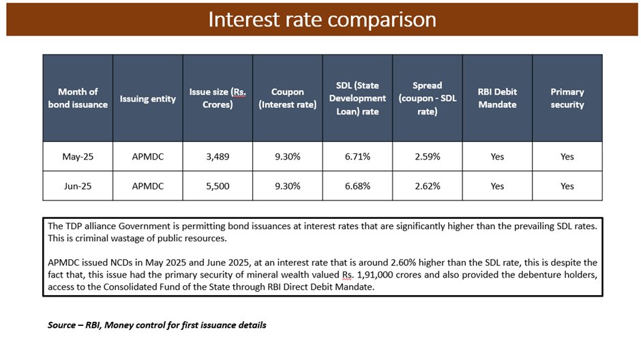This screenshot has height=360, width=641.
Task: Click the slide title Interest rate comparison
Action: (322, 19)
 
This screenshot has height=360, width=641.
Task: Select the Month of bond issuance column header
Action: (78, 98)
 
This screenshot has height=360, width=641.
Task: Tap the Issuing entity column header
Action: (147, 99)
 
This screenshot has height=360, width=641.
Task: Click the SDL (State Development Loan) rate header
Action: (357, 98)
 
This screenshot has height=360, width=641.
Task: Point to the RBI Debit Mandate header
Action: (497, 98)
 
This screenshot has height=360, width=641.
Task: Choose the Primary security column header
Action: (567, 98)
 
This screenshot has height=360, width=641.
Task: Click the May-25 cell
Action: (78, 157)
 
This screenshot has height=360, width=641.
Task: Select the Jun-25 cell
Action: (78, 186)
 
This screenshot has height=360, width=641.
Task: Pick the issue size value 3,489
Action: (218, 157)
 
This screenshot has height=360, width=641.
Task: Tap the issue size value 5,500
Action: (218, 186)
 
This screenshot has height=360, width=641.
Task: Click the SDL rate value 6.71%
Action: (357, 157)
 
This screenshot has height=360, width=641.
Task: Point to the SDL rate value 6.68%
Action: (357, 186)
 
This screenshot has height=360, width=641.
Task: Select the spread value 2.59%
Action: (428, 157)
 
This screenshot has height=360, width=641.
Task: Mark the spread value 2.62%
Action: (428, 186)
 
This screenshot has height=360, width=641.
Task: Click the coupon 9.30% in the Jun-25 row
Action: (287, 186)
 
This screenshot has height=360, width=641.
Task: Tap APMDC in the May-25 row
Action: (147, 157)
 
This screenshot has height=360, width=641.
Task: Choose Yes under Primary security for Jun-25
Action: (567, 186)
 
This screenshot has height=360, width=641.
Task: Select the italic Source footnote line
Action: (157, 325)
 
